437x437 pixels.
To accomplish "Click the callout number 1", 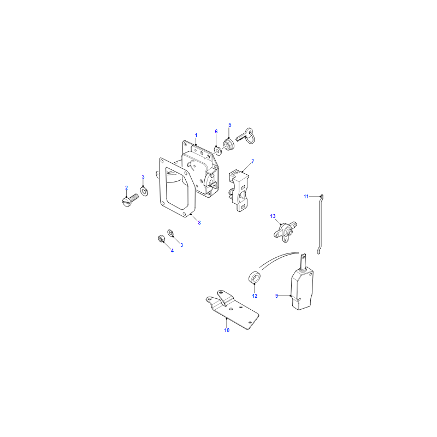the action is [x=196, y=135].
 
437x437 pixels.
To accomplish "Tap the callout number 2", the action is [x=127, y=188].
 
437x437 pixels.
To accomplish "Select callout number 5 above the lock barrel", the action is [x=230, y=125].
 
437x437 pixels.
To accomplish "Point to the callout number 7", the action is [x=253, y=162].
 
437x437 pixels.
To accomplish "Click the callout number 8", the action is [x=199, y=223].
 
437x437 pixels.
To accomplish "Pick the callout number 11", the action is [x=306, y=197].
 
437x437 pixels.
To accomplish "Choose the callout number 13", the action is [x=273, y=216].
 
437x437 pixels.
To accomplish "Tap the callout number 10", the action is [x=227, y=330].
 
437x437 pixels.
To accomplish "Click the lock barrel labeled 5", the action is [x=228, y=145].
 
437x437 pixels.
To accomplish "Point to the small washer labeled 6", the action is [x=217, y=151].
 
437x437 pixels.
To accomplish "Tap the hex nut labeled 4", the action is [x=161, y=239].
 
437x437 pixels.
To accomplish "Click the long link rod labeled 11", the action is [x=321, y=225].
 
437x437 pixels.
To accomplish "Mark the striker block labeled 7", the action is [x=239, y=192].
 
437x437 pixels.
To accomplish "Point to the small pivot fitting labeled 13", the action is [x=285, y=231].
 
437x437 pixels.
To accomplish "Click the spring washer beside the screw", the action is [x=144, y=192].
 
